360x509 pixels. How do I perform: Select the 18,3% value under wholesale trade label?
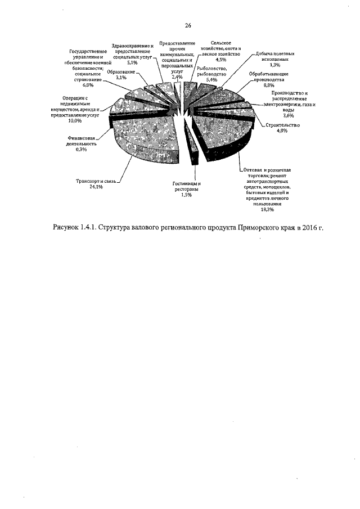[x=268, y=209]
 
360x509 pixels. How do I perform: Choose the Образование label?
[x=121, y=73]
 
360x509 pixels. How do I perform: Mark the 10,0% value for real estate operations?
[x=75, y=120]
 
